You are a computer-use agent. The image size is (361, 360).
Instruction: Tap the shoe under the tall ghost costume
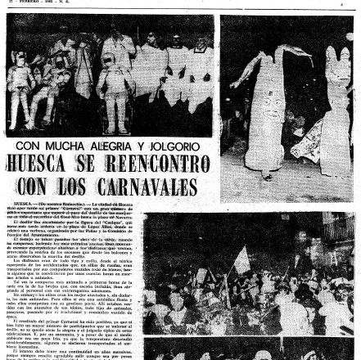266,176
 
